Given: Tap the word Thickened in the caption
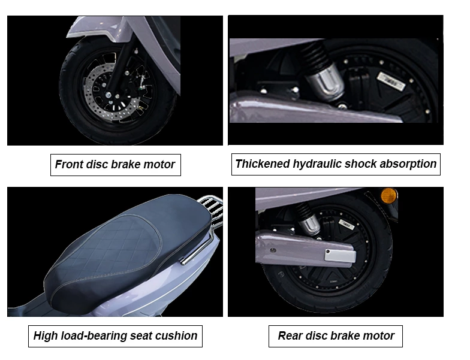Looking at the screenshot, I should [260, 164].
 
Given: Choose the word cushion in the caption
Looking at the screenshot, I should [176, 336].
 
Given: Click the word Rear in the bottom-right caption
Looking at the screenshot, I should [290, 336].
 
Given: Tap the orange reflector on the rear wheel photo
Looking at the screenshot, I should [389, 195].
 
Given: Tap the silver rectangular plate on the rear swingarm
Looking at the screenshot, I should [340, 255].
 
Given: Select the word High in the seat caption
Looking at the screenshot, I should [46, 336].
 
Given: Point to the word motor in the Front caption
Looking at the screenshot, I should [160, 165].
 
